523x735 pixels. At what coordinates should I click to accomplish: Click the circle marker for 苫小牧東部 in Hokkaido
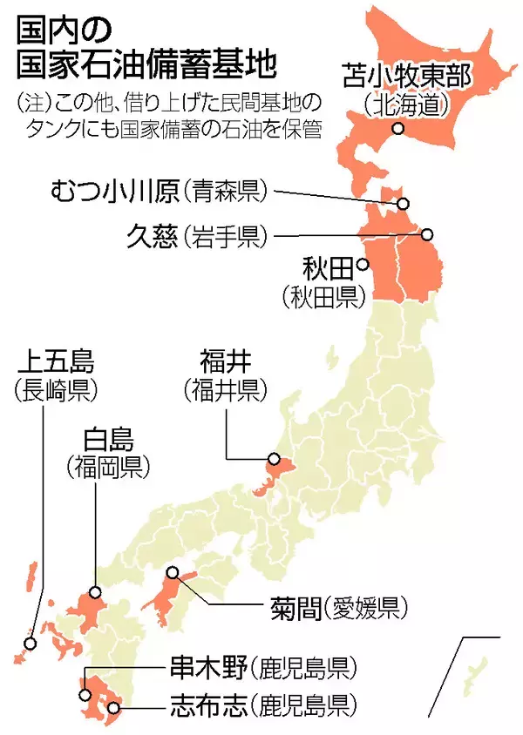point(397,129)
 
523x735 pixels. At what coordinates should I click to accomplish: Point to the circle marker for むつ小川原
point(403,204)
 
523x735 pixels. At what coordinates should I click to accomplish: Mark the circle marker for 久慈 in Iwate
point(427,235)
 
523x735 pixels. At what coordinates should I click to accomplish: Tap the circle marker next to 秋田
point(362,266)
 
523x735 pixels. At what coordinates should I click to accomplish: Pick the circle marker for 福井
point(273,460)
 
